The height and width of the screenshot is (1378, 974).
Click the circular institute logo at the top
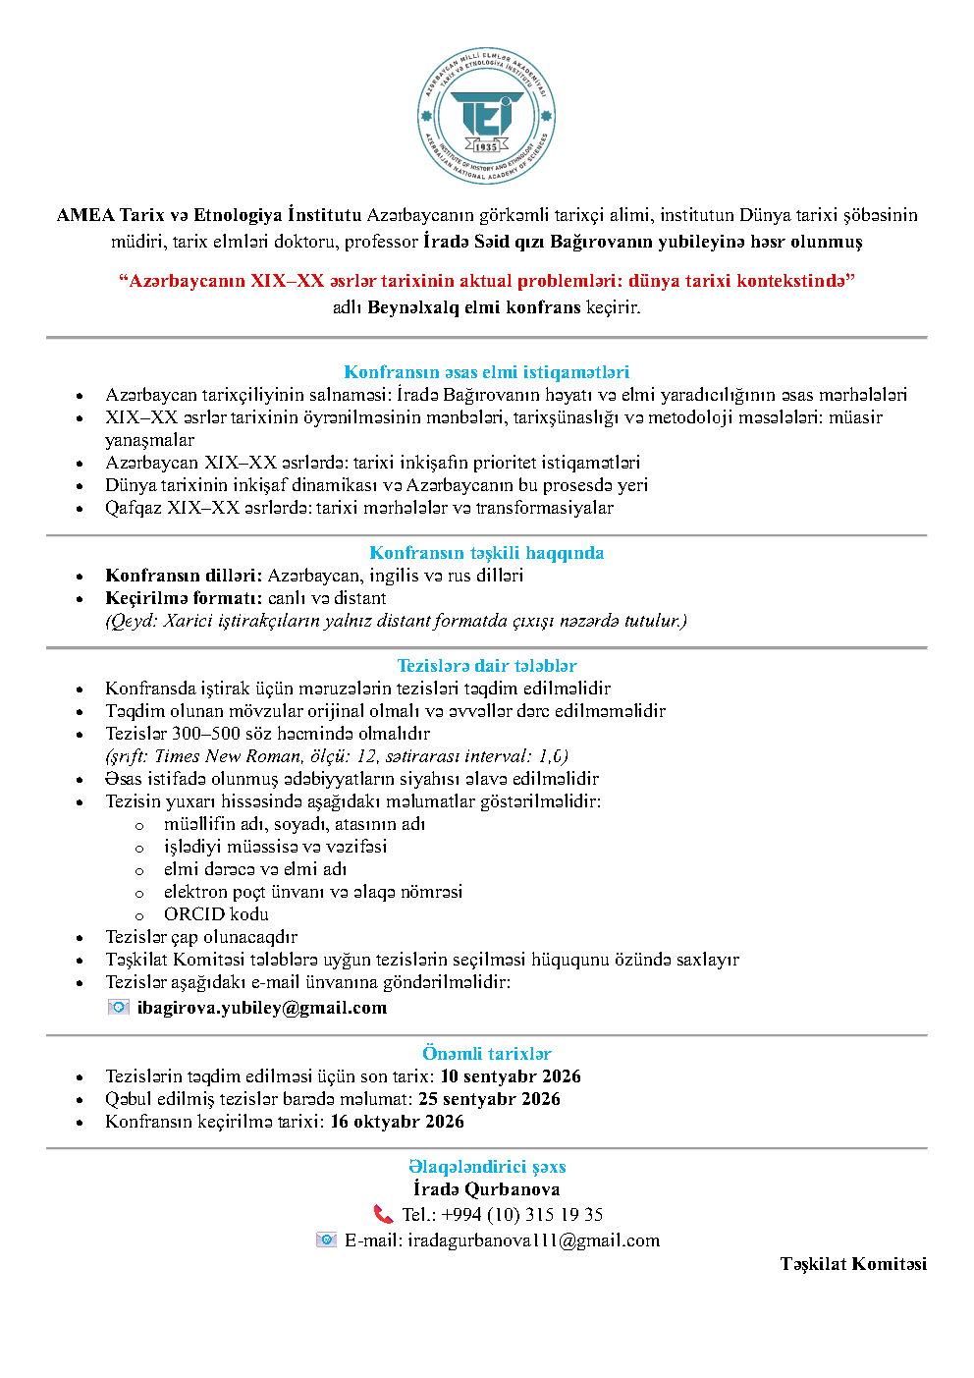tap(487, 116)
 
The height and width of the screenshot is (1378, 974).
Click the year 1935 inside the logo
tap(487, 147)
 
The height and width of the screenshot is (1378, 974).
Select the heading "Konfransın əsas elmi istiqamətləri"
tap(486, 372)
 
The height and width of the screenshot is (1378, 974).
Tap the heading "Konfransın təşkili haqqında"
tap(486, 553)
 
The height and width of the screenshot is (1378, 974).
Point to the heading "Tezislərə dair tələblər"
tap(486, 666)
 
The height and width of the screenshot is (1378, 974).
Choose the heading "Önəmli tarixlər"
tap(486, 1054)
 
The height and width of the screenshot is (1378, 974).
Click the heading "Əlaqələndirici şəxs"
tap(487, 1167)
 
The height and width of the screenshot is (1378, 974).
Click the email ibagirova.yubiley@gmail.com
tap(261, 1008)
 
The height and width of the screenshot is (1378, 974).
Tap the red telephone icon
tap(383, 1215)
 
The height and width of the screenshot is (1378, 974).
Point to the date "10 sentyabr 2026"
tap(511, 1076)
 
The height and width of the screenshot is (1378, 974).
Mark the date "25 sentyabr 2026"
tap(489, 1099)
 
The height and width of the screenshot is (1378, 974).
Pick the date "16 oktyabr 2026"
tap(397, 1122)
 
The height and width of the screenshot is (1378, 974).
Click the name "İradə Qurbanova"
tap(486, 1189)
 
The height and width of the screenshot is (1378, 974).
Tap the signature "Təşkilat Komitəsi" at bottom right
tap(853, 1264)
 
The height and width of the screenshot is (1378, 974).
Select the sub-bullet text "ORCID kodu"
tap(216, 914)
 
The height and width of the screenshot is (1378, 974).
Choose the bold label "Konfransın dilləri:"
tap(184, 576)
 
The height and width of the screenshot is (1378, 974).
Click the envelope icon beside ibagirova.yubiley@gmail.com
tap(119, 1007)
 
